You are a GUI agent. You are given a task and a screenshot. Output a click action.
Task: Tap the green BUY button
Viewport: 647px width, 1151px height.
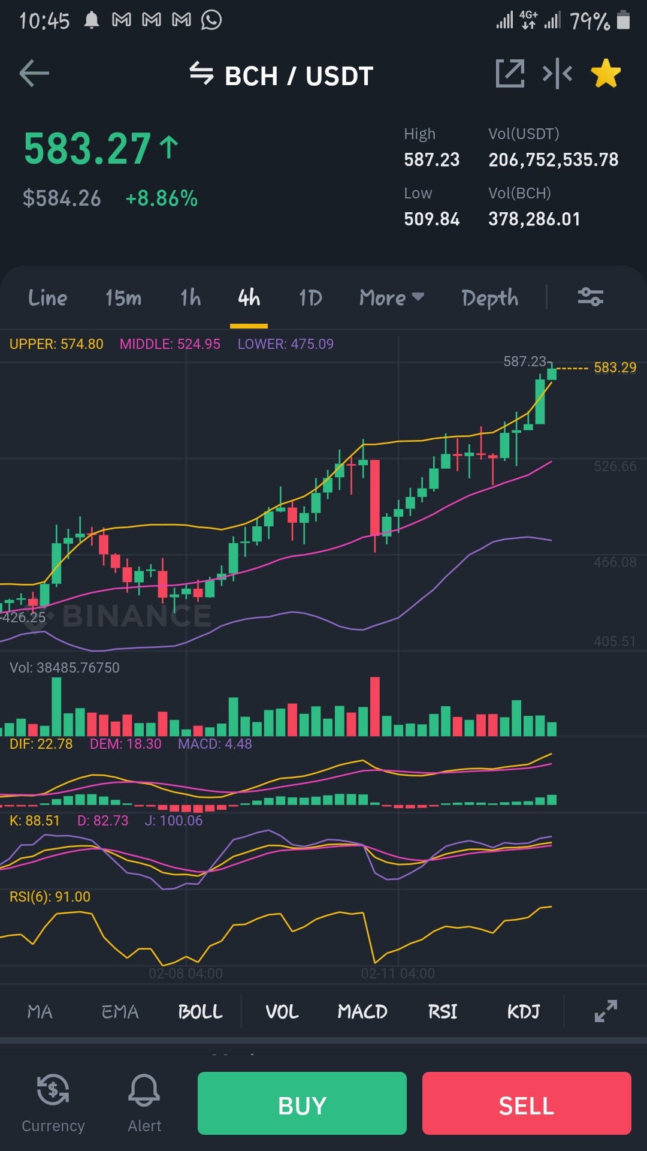[x=302, y=1103]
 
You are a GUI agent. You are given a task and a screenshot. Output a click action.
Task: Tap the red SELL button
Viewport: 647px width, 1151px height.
[x=527, y=1103]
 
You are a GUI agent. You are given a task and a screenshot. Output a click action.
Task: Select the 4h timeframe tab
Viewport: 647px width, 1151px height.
[x=249, y=297]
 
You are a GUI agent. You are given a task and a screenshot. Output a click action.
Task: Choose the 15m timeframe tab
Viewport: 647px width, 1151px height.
[x=123, y=297]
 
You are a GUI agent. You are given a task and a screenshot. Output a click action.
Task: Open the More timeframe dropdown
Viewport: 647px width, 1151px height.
[x=392, y=297]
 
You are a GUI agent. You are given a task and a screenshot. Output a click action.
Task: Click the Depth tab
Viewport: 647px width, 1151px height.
[x=490, y=298]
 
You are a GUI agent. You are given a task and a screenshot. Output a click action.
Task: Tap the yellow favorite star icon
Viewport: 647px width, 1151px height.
[x=606, y=73]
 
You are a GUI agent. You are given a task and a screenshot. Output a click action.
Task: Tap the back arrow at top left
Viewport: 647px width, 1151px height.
[x=34, y=74]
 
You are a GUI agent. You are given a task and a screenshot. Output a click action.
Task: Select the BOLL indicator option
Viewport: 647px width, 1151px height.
[x=200, y=1012]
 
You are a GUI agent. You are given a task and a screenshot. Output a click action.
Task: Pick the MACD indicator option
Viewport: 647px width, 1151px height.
[x=362, y=1012]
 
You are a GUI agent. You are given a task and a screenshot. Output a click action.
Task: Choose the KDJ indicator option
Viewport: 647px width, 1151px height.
[x=524, y=1012]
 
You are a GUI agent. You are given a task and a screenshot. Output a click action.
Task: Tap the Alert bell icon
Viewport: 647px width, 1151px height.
[x=144, y=1090]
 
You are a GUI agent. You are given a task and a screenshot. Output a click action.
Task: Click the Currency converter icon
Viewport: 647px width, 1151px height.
[x=53, y=1089]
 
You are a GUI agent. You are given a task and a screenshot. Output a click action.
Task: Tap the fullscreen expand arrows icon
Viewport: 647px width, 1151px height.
[x=606, y=1011]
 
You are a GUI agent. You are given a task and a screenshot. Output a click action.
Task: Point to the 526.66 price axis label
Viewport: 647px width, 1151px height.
[x=615, y=466]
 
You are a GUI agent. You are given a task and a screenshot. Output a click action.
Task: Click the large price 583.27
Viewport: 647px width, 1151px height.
[x=87, y=149]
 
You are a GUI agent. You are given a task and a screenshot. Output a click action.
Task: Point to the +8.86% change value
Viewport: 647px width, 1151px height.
[x=162, y=198]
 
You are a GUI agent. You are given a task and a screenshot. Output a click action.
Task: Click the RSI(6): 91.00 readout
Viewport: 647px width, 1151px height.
[x=50, y=897]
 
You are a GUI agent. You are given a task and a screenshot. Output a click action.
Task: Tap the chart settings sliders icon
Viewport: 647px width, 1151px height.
[x=590, y=297]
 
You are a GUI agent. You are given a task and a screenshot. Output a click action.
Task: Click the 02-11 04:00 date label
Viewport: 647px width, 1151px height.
[x=398, y=974]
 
